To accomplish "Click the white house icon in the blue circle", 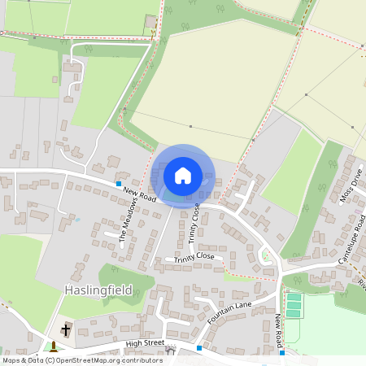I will [183, 175].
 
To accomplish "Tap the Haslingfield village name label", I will [98, 290].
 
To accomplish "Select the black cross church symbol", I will [66, 329].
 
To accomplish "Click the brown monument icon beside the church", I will [54, 346].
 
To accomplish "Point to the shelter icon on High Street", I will [170, 343].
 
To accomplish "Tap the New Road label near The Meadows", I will [140, 195].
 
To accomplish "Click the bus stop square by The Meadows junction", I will [119, 185].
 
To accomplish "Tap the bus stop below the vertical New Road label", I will [282, 352].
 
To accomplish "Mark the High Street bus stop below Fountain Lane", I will [198, 347].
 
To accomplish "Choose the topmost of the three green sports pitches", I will [294, 298].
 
